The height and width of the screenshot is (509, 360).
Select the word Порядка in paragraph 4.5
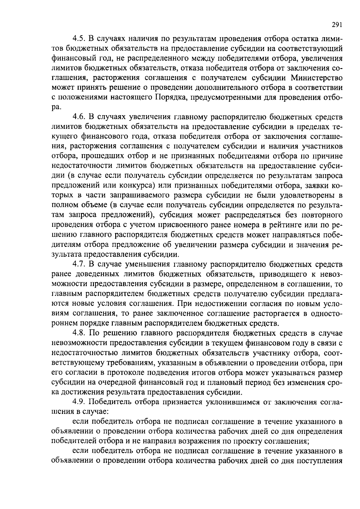[169, 98]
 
